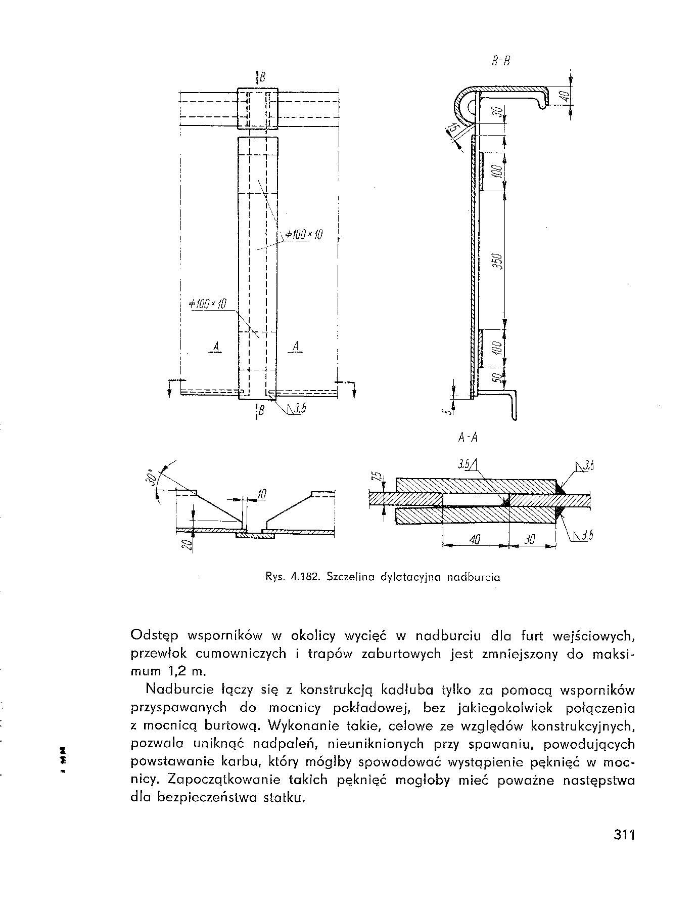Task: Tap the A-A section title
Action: coord(468,438)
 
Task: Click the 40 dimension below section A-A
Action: coord(474,540)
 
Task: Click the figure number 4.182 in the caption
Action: coord(306,576)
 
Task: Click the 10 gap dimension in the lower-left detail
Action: coord(261,494)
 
